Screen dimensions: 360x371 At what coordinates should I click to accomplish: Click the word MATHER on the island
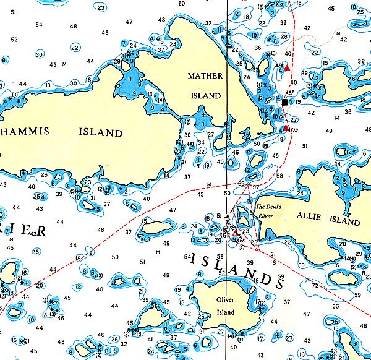click(203, 75)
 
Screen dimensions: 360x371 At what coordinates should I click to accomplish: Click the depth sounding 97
click(255, 186)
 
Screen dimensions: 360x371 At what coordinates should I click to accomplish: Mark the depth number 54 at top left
click(22, 25)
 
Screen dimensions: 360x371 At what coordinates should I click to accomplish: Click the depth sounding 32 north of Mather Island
click(208, 24)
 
